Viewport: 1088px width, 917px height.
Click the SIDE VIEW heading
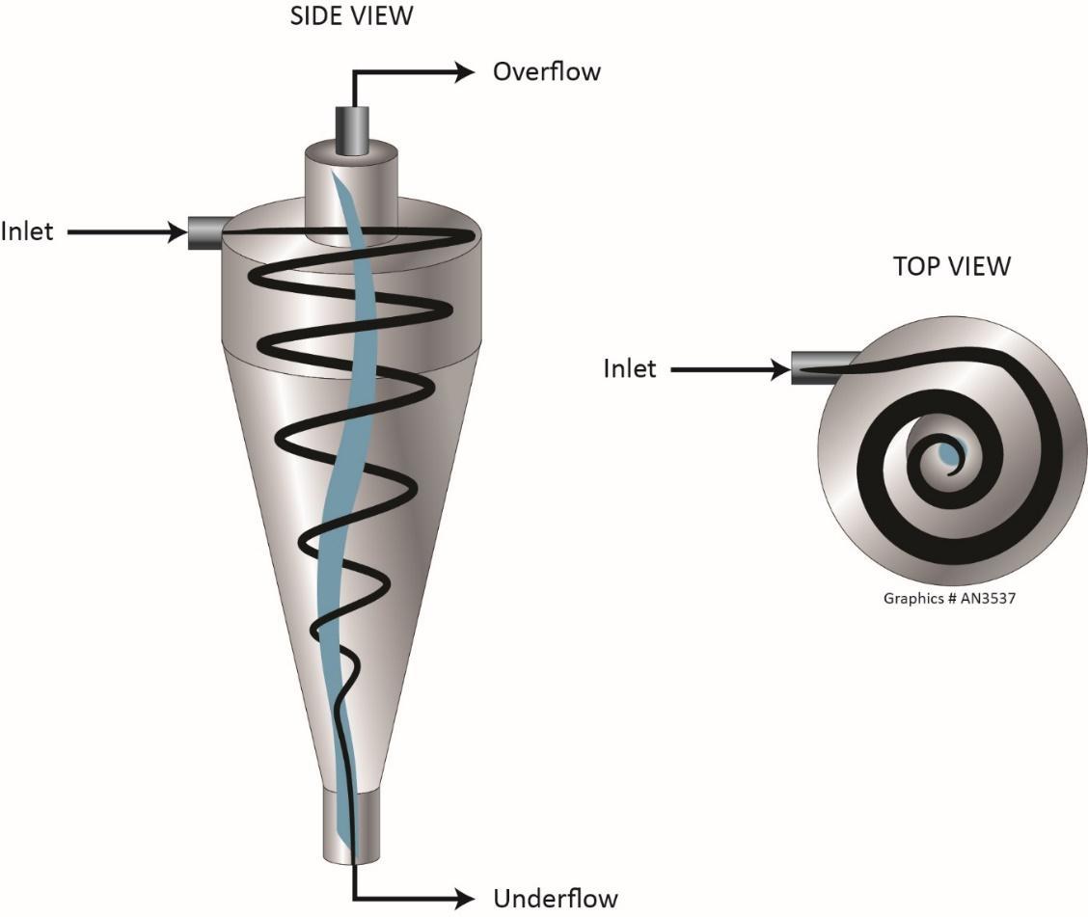(351, 16)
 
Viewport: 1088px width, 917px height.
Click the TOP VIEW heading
(951, 266)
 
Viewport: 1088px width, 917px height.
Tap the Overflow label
(546, 71)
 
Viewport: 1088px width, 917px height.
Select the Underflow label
(555, 899)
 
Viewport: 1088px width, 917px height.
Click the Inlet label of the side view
(27, 231)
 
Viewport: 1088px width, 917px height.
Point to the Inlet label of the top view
(630, 368)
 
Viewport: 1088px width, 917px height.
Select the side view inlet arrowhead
(177, 231)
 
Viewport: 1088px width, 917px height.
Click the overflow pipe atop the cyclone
(351, 130)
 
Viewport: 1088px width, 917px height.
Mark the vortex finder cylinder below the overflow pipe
(351, 193)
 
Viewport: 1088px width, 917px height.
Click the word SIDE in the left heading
(316, 16)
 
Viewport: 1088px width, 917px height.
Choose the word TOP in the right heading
(914, 266)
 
